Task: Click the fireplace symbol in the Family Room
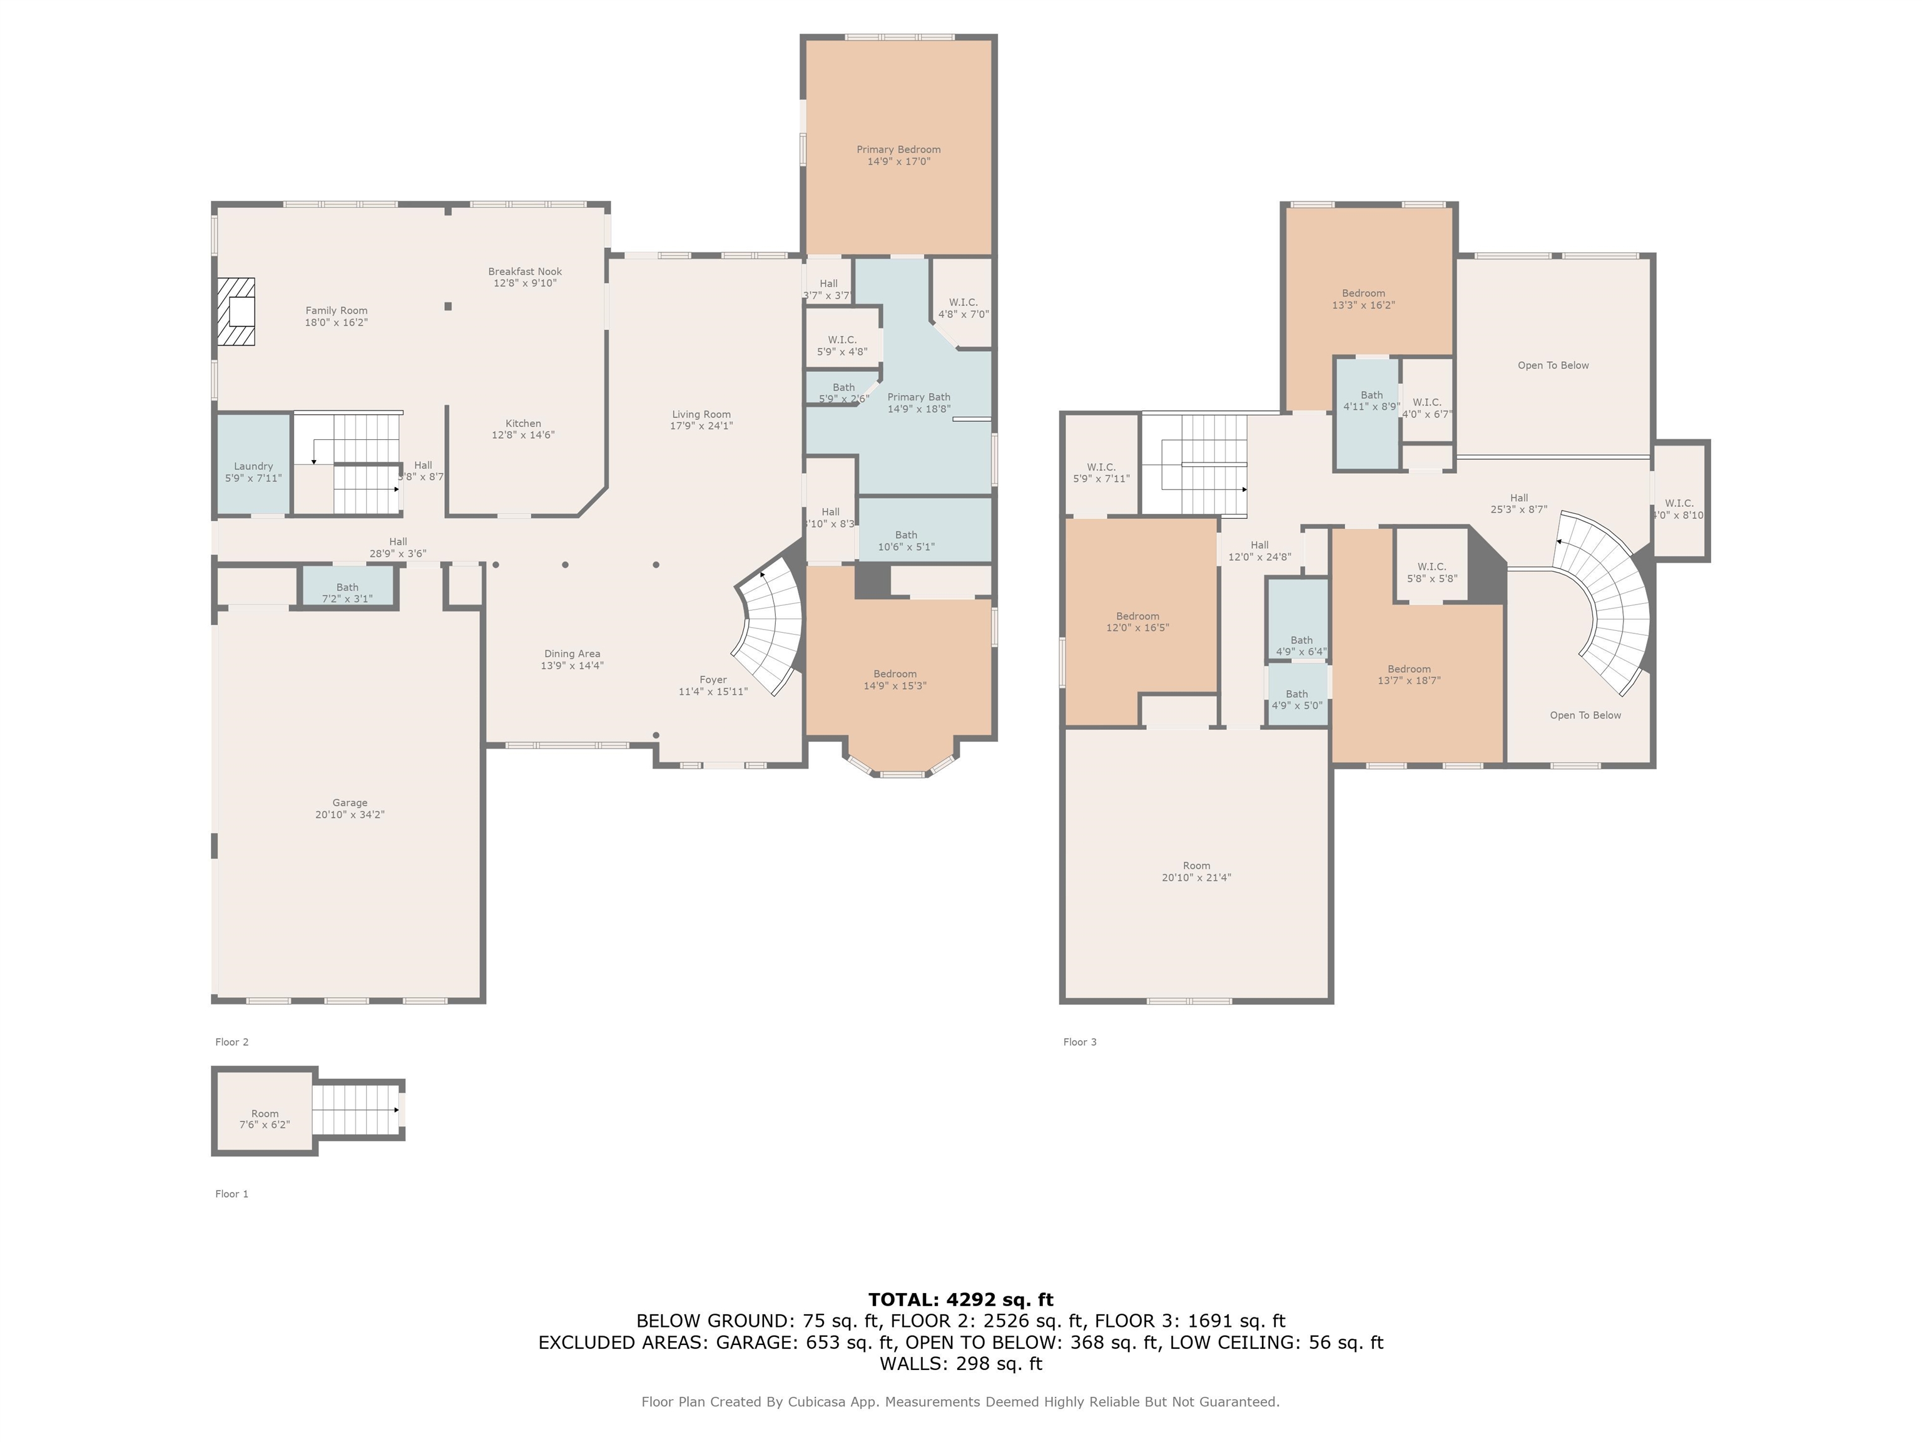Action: point(235,311)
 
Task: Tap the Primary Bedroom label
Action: point(898,150)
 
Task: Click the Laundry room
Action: point(253,464)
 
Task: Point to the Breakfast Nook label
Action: point(525,271)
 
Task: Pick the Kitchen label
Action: point(523,423)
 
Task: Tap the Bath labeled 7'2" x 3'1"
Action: point(348,586)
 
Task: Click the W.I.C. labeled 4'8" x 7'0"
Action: point(962,302)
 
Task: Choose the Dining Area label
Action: point(572,653)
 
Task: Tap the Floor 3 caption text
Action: point(1080,1042)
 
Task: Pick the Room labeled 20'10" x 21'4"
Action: point(1196,865)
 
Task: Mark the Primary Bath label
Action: point(918,397)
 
